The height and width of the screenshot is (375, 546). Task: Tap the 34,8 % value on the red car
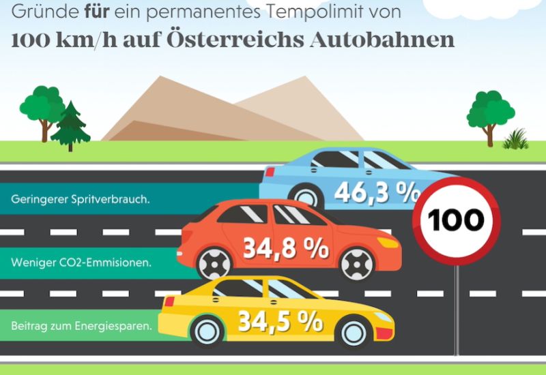click(286, 248)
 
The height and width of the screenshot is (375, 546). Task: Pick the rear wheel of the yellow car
click(208, 332)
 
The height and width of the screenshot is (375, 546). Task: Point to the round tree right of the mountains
click(489, 112)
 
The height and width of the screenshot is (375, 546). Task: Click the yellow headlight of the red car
click(388, 242)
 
